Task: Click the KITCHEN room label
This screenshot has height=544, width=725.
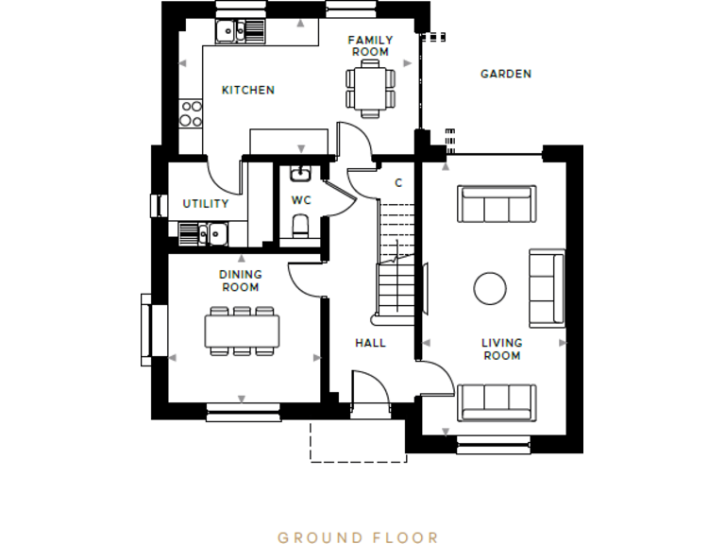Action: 247,91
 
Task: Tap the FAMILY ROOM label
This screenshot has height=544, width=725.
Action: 369,45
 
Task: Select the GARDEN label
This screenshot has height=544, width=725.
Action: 505,74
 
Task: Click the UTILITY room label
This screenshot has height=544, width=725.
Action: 205,204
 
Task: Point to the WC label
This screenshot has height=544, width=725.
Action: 300,200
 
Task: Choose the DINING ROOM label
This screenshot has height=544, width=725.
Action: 241,280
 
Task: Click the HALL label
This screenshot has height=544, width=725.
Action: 370,343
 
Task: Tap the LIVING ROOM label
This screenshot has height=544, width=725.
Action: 501,349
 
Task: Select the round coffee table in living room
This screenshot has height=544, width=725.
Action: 490,288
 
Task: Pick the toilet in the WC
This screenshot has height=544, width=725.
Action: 300,225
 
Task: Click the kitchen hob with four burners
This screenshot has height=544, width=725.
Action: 190,112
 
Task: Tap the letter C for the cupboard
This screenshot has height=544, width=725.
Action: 398,183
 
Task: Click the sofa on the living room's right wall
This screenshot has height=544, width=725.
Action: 547,288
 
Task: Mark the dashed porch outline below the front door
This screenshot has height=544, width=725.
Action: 358,442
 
